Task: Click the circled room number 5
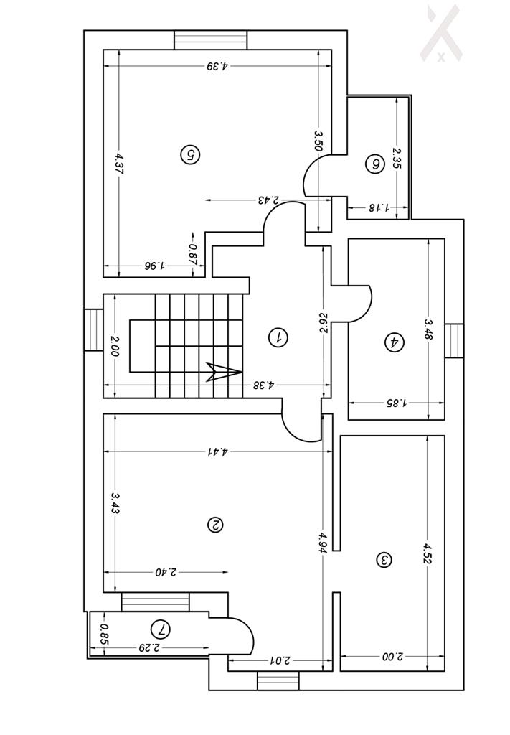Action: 189,154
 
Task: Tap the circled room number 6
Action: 374,164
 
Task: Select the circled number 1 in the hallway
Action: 278,337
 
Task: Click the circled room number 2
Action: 214,525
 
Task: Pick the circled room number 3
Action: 384,559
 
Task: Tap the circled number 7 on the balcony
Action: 162,630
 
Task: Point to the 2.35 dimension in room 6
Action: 397,158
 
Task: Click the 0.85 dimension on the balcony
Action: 105,634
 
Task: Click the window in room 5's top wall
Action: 211,39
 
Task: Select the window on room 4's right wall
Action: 454,341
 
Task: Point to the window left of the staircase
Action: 93,329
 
